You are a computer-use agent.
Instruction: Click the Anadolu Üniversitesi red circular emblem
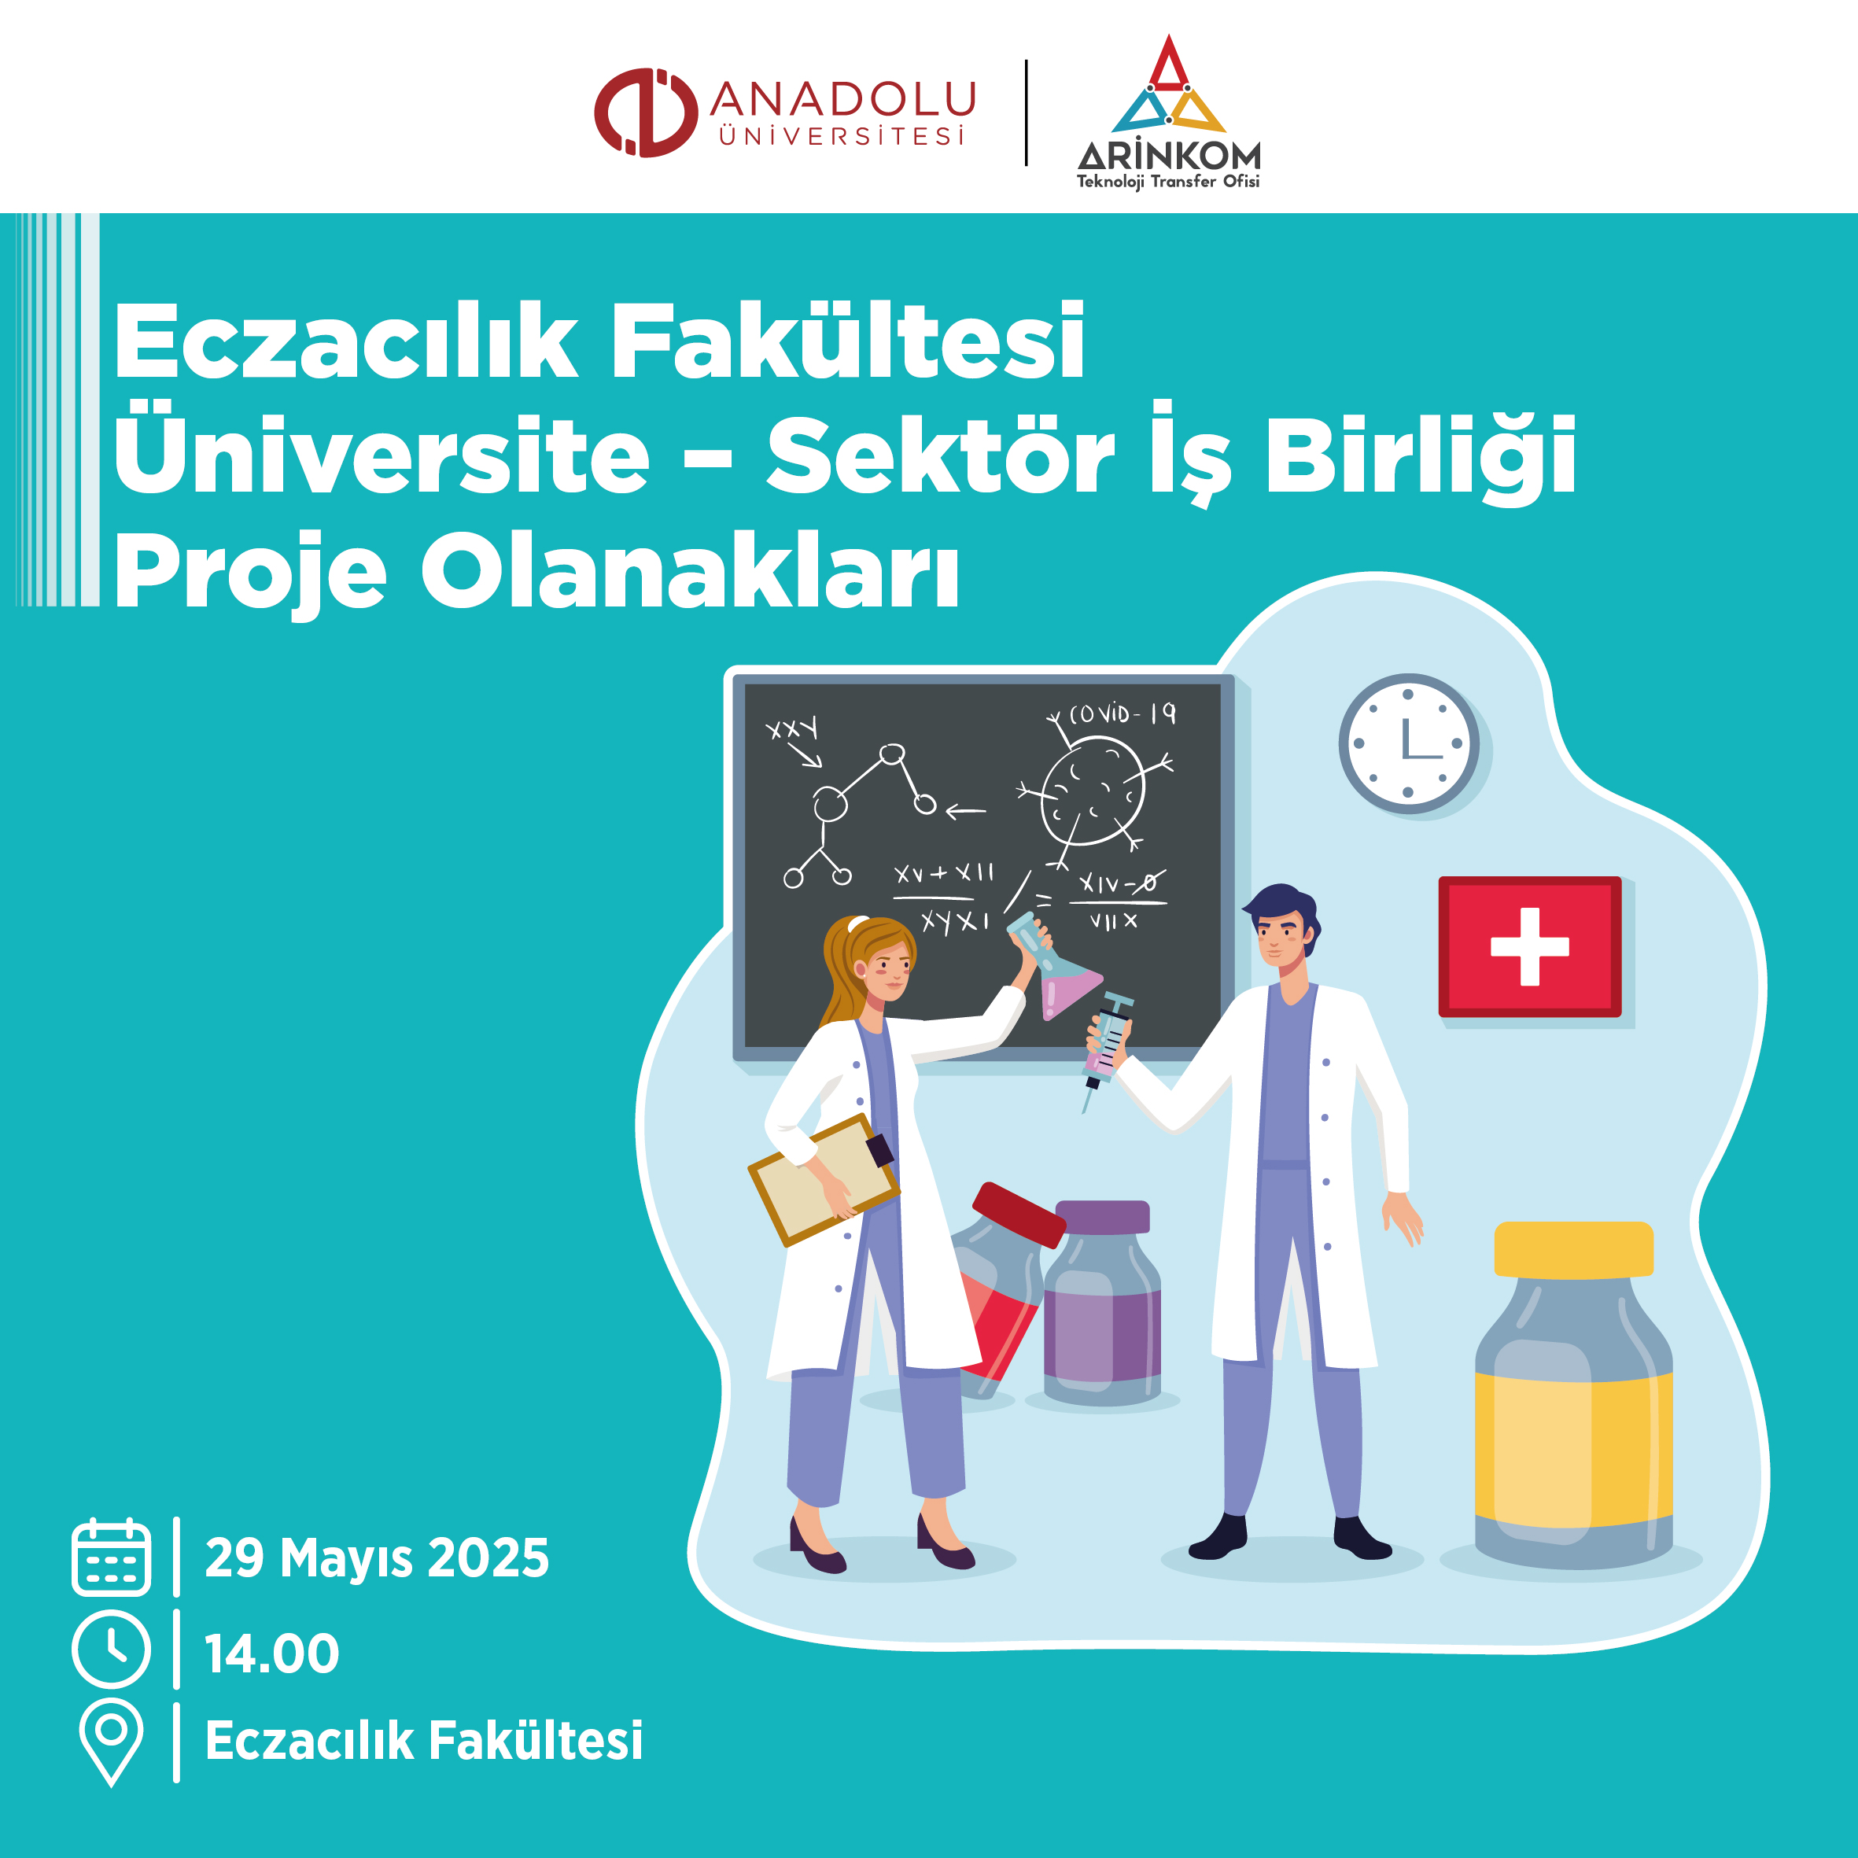click(645, 112)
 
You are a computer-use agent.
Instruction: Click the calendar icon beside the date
click(112, 1557)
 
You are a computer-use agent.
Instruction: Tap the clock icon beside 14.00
click(112, 1650)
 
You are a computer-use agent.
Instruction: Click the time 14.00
click(272, 1653)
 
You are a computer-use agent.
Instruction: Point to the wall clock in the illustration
click(1409, 743)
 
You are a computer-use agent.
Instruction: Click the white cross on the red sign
click(1530, 947)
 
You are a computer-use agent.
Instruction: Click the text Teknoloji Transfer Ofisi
click(1167, 181)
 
